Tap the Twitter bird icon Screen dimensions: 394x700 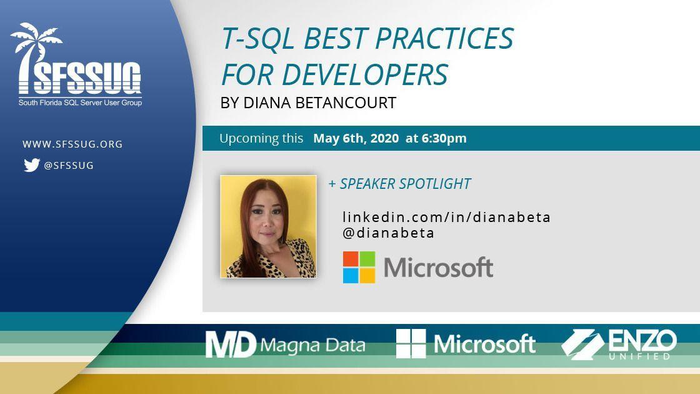[x=31, y=165]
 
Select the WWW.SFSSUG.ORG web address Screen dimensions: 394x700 [x=72, y=144]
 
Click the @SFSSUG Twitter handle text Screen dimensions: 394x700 [x=69, y=166]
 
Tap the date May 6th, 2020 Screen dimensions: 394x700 [x=356, y=138]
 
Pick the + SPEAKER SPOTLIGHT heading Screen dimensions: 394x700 [x=399, y=184]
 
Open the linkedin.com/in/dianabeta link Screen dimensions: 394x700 [x=446, y=217]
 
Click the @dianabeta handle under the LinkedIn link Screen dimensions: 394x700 [x=388, y=233]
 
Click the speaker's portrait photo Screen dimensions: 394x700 [x=268, y=226]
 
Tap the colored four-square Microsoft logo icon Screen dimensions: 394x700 [x=359, y=268]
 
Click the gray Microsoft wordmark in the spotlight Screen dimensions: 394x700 [x=438, y=268]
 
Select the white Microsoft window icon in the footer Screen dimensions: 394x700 [x=411, y=343]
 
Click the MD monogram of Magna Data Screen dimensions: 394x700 [x=231, y=344]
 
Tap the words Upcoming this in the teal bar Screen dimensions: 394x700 [x=261, y=138]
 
